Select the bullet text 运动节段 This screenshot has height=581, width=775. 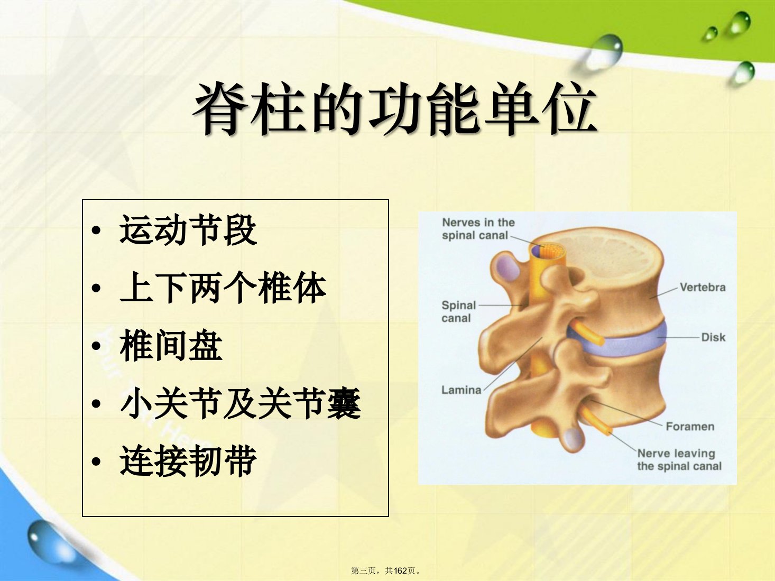tap(188, 230)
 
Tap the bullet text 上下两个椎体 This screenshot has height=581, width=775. tap(223, 288)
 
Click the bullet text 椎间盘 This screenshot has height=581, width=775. tap(171, 346)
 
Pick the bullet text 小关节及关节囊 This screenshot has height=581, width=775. tap(240, 403)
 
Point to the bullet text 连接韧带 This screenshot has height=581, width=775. tap(188, 460)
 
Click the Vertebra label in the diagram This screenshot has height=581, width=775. tap(703, 287)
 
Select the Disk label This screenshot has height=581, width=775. tap(713, 337)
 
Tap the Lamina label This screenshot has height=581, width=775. tap(461, 390)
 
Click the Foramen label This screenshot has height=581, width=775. tap(690, 427)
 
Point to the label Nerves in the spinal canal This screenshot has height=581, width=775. tap(478, 229)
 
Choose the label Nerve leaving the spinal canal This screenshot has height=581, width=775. tap(679, 459)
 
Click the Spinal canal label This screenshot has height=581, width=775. tap(459, 312)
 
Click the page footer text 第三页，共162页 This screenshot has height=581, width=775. tap(385, 570)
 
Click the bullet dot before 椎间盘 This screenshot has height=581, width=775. tap(96, 346)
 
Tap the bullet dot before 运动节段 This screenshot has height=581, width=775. tap(96, 230)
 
